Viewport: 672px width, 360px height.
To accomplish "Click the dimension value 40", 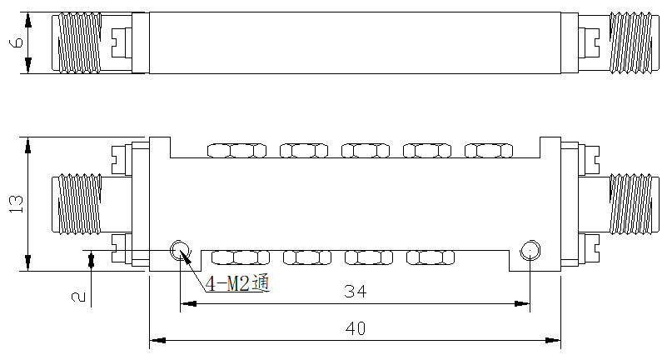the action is pyautogui.click(x=356, y=328).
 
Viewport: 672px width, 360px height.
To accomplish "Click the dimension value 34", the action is pyautogui.click(x=356, y=292).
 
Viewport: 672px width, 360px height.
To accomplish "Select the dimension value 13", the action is pyautogui.click(x=16, y=204).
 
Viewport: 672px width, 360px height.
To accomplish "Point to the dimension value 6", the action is pyautogui.click(x=17, y=42).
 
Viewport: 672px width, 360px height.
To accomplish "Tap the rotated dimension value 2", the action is pyautogui.click(x=78, y=297).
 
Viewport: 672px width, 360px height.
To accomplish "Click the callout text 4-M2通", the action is pyautogui.click(x=238, y=283).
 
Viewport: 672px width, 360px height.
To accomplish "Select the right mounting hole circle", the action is pyautogui.click(x=530, y=250).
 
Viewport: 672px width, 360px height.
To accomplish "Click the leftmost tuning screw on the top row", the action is pyautogui.click(x=236, y=151).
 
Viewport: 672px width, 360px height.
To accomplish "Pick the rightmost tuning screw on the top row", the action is pyautogui.click(x=489, y=151).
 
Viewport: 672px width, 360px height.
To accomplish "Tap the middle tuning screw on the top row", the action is pyautogui.click(x=366, y=151).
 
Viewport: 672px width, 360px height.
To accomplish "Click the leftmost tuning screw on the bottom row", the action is pyautogui.click(x=241, y=257).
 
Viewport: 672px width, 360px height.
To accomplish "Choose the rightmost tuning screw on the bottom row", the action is pyautogui.click(x=431, y=257).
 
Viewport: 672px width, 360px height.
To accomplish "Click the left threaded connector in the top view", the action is pyautogui.click(x=77, y=42).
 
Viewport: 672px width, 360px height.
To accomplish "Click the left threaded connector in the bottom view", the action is pyautogui.click(x=77, y=205).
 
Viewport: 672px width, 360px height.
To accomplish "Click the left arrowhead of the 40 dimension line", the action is pyautogui.click(x=157, y=341).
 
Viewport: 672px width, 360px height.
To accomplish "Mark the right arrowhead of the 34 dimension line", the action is pyautogui.click(x=522, y=304).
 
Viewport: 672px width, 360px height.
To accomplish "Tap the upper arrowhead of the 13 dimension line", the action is pyautogui.click(x=27, y=145).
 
